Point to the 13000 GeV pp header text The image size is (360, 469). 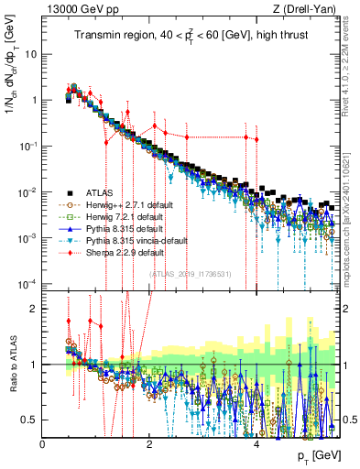click(x=75, y=10)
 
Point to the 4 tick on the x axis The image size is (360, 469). click(x=256, y=443)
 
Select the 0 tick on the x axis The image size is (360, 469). click(x=43, y=443)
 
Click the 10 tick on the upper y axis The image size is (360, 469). click(x=31, y=53)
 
